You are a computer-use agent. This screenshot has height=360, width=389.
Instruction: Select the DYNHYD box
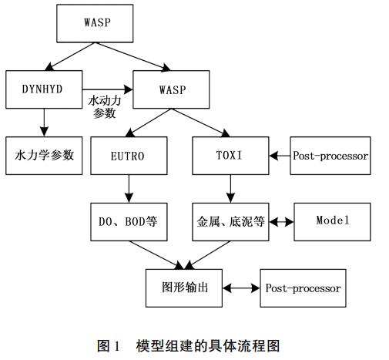[43, 89]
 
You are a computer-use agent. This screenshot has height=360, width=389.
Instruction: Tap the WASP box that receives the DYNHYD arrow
[172, 89]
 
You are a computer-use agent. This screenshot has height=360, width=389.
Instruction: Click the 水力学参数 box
[43, 155]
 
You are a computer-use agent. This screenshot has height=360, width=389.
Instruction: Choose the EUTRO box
[128, 156]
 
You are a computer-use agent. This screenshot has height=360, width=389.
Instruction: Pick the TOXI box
[230, 156]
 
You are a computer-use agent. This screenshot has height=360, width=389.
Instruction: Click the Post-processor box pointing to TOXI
[330, 156]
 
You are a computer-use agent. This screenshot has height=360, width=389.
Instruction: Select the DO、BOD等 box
[128, 221]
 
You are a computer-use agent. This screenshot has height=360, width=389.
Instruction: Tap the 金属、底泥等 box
[230, 221]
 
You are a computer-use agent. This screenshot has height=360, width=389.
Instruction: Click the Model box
[332, 221]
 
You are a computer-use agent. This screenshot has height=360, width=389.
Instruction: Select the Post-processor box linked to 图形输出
[302, 288]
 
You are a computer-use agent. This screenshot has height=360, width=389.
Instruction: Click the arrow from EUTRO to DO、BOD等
[128, 188]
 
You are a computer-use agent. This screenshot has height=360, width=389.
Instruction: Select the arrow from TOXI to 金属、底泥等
[230, 188]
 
